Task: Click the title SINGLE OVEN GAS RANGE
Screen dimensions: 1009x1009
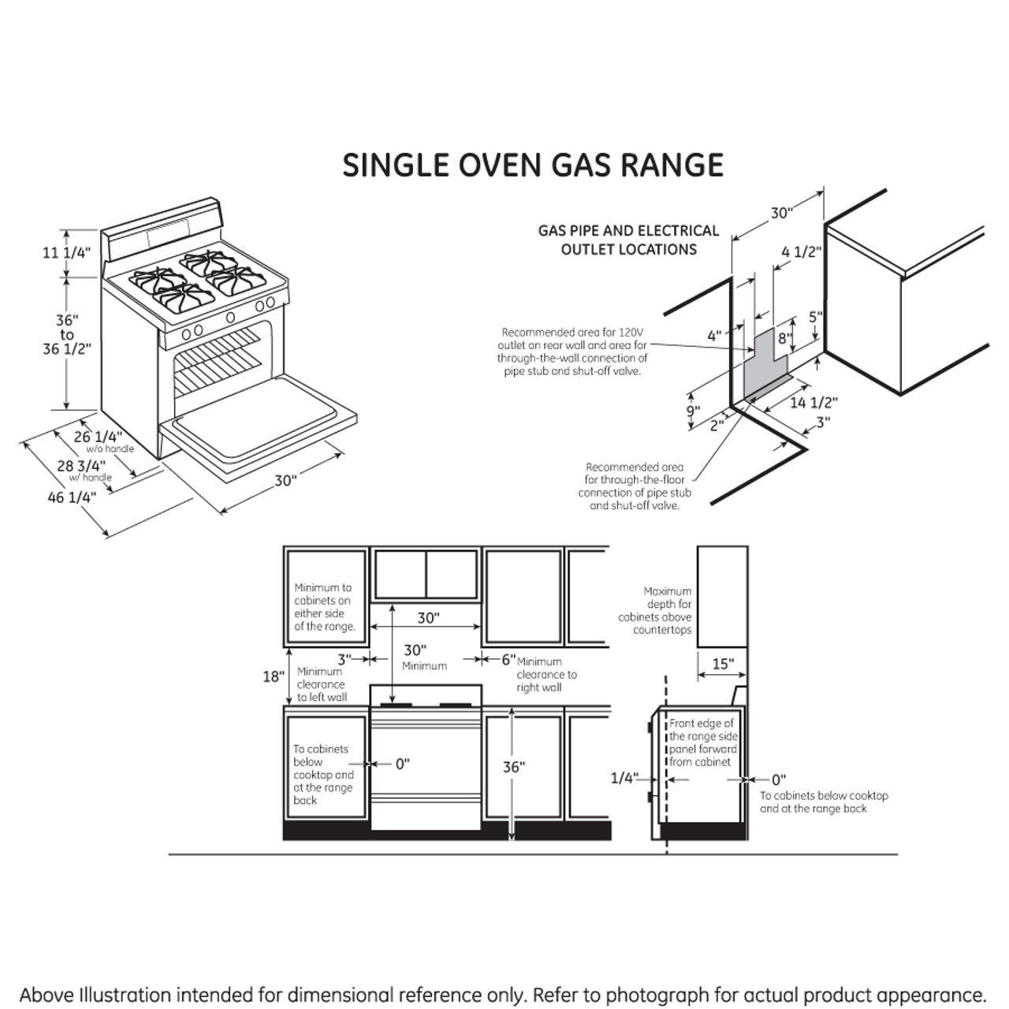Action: (x=533, y=166)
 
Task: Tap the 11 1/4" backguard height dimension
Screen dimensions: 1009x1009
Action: (x=66, y=253)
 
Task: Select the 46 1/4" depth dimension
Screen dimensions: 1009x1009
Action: (x=71, y=497)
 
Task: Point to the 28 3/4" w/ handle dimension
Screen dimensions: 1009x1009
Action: (x=81, y=467)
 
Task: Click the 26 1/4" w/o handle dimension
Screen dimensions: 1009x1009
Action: (x=99, y=437)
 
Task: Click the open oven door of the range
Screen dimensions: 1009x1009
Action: (x=256, y=430)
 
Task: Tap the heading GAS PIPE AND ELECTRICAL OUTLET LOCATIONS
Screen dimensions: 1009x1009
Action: (x=628, y=240)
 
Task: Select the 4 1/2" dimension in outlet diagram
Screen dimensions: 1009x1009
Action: (x=801, y=252)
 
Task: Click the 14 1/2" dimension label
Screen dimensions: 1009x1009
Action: (x=813, y=403)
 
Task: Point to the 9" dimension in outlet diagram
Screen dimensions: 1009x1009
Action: (x=692, y=411)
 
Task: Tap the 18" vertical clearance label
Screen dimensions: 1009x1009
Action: (x=273, y=676)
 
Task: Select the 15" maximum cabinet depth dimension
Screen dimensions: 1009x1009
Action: (x=722, y=664)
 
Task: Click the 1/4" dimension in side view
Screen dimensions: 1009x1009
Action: (x=624, y=779)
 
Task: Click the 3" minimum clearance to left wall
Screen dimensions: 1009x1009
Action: (x=344, y=659)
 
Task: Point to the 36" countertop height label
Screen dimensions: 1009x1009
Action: (x=513, y=767)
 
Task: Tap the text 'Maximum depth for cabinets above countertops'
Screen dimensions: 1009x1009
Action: (x=655, y=610)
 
